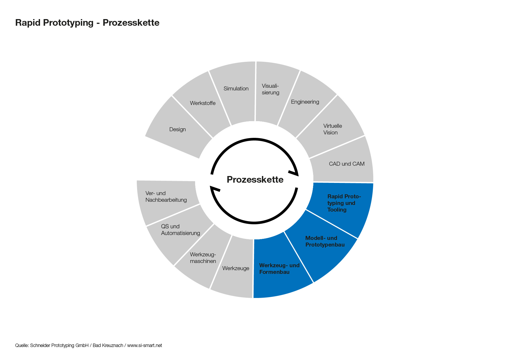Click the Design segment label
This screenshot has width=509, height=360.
point(177,129)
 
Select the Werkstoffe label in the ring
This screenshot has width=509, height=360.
point(203,103)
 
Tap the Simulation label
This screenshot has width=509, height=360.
point(236,89)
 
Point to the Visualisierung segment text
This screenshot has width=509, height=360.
point(270,89)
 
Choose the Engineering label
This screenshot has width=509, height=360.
point(305,102)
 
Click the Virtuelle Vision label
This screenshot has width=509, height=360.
point(332,129)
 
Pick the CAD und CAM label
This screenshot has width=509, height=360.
point(346,164)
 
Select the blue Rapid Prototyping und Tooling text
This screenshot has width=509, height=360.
point(344,203)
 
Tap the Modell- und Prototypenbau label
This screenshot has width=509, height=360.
point(325,241)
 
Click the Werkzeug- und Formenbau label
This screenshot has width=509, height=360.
point(279,269)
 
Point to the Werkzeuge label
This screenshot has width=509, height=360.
point(236,268)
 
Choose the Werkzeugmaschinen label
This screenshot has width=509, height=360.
point(203,258)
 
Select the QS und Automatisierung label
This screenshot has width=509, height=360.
point(180,230)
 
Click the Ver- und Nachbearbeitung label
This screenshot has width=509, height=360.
point(166,196)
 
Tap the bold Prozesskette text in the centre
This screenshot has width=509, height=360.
point(255,179)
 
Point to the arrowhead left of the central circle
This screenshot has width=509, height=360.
point(215,188)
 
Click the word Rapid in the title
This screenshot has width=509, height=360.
point(28,23)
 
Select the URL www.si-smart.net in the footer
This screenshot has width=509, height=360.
point(144,345)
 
